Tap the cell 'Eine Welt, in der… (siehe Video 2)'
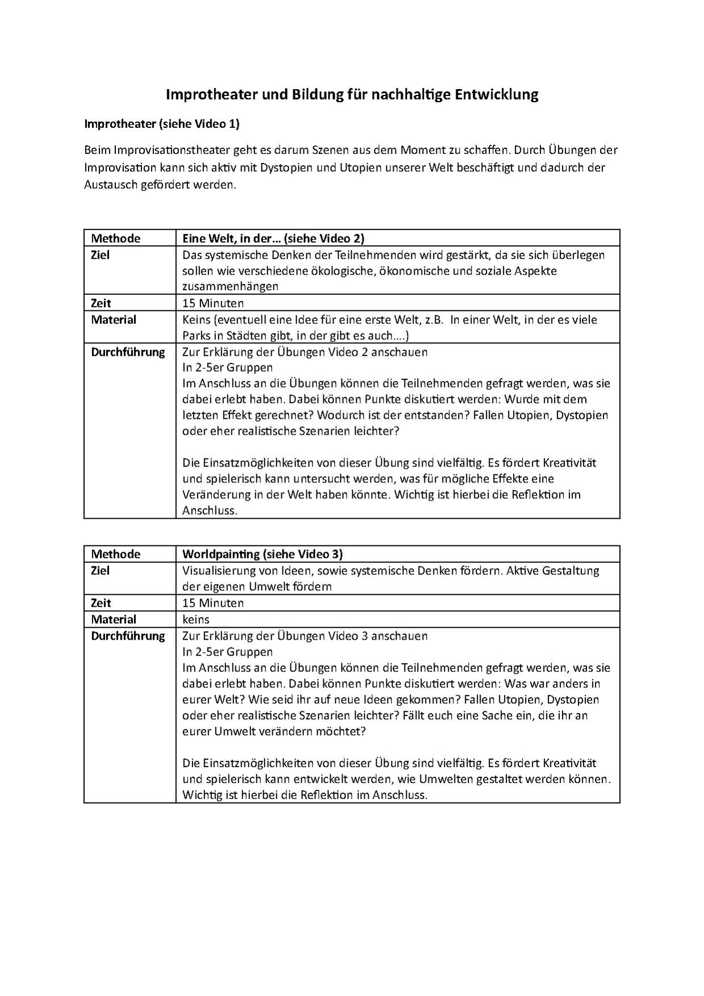point(273,238)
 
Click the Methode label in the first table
point(115,238)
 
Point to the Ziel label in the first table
point(100,255)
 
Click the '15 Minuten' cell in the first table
point(213,303)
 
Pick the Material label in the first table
point(114,319)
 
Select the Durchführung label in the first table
point(128,352)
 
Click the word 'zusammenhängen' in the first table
point(230,286)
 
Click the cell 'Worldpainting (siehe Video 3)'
point(262,554)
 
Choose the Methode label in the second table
point(115,554)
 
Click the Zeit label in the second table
point(101,603)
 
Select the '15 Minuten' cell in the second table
point(213,603)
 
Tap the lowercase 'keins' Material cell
point(195,619)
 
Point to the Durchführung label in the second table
point(128,636)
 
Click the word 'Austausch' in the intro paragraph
point(110,185)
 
